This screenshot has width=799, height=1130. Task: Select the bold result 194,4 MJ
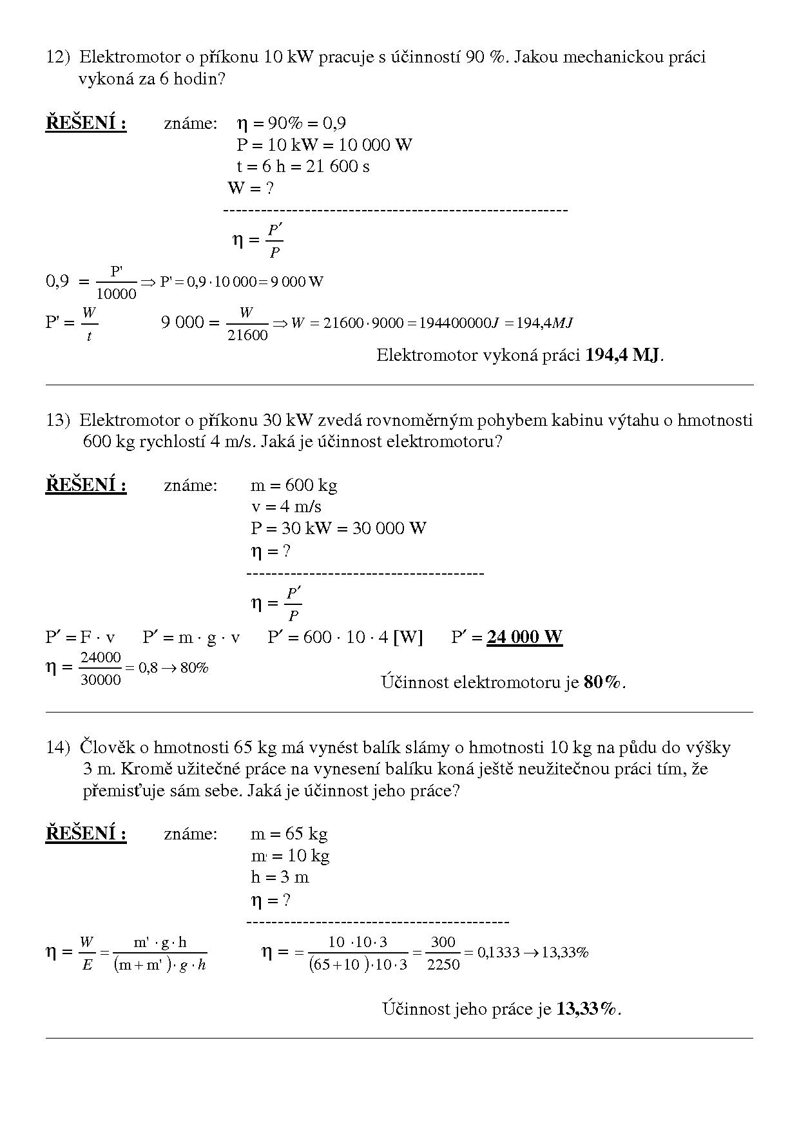click(622, 355)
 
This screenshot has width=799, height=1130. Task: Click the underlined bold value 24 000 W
click(525, 637)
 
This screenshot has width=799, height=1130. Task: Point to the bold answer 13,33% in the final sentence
click(586, 1009)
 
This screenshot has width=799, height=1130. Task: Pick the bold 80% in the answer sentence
click(603, 682)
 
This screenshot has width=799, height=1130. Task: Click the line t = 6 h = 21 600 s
click(303, 166)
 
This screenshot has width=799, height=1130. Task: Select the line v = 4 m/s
click(286, 507)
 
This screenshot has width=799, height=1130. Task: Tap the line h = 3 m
click(280, 877)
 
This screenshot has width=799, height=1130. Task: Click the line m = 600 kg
click(294, 485)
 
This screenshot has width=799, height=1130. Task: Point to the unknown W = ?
click(251, 188)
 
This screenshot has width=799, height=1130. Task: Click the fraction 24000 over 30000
click(101, 669)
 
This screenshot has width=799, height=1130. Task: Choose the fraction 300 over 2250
click(443, 953)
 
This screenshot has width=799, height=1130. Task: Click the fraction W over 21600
click(247, 324)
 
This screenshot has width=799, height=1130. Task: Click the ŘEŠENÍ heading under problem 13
click(86, 485)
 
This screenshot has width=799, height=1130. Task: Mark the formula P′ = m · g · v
click(191, 637)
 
